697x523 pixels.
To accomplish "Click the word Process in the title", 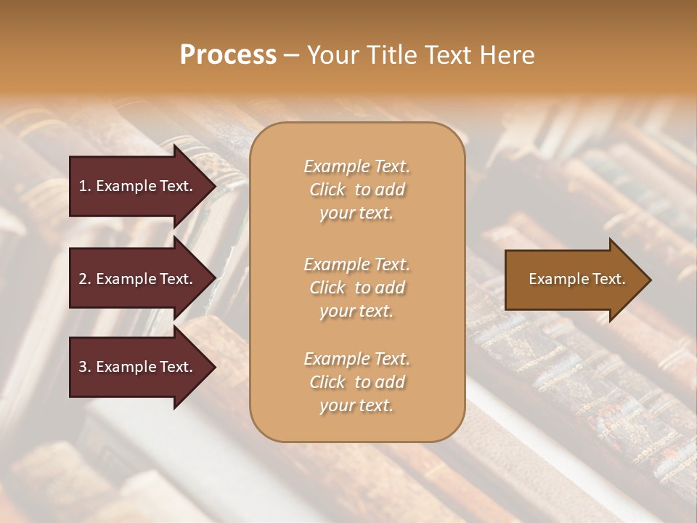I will pyautogui.click(x=228, y=55).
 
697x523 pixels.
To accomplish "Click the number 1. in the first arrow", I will pyautogui.click(x=85, y=186).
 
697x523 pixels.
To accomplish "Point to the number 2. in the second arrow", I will pyautogui.click(x=85, y=279).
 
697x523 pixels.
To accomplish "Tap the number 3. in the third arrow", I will pyautogui.click(x=85, y=367).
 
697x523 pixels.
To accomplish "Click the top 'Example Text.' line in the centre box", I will pyautogui.click(x=356, y=166).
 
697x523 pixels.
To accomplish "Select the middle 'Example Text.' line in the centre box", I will pyautogui.click(x=356, y=264).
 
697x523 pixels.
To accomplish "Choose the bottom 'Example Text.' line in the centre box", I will pyautogui.click(x=356, y=359).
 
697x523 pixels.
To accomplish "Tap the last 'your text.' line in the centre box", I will pyautogui.click(x=356, y=406).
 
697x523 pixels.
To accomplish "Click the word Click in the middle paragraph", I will pyautogui.click(x=327, y=288).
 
